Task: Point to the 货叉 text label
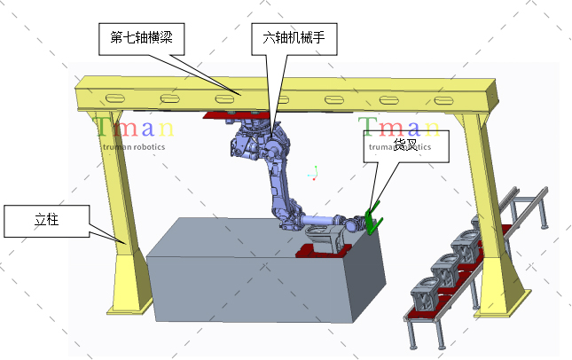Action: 405,144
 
